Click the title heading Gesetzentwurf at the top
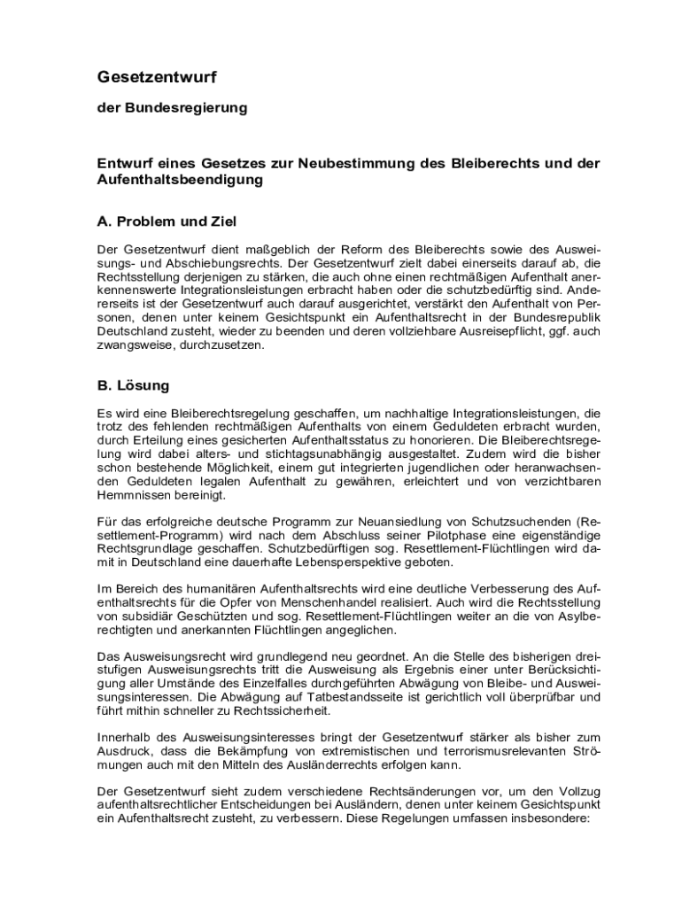tap(157, 78)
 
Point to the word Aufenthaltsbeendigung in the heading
tap(181, 180)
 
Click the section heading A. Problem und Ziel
tap(167, 221)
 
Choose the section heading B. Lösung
tap(134, 386)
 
